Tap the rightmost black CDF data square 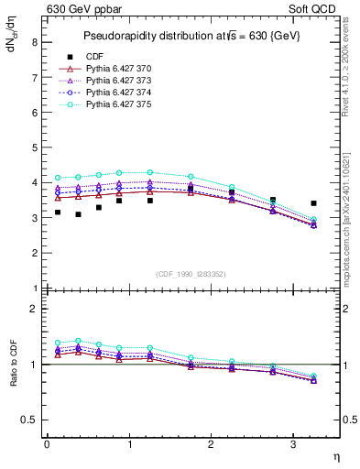pyautogui.click(x=313, y=203)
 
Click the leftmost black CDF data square pyautogui.click(x=58, y=213)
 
